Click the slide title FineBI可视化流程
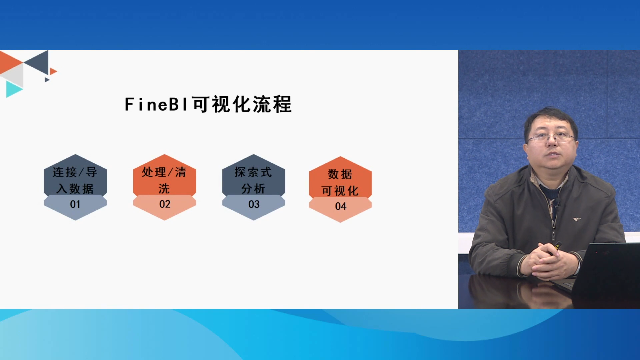[x=208, y=104]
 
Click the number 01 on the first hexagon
[x=75, y=204]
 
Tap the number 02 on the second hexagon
[x=165, y=204]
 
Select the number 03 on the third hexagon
[x=254, y=204]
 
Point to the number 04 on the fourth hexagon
[x=341, y=206]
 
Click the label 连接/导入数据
[x=75, y=180]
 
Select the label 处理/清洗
[x=164, y=180]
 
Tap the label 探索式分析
[x=253, y=180]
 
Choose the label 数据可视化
[x=340, y=182]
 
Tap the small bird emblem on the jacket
[x=576, y=219]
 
